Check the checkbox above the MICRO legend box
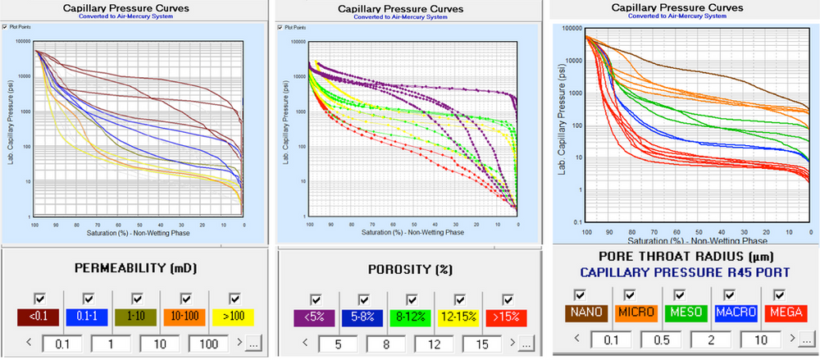point(630,294)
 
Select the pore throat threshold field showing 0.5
point(654,338)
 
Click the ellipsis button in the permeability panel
point(251,343)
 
